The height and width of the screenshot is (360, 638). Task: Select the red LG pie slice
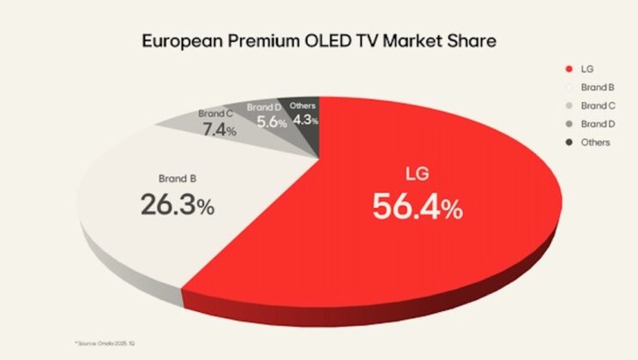pyautogui.click(x=446, y=249)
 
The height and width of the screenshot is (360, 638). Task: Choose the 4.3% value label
pyautogui.click(x=303, y=120)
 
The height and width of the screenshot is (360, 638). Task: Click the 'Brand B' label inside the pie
pyautogui.click(x=178, y=181)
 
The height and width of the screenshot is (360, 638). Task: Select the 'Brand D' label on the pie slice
pyautogui.click(x=263, y=107)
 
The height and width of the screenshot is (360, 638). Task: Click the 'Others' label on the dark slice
pyautogui.click(x=303, y=106)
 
